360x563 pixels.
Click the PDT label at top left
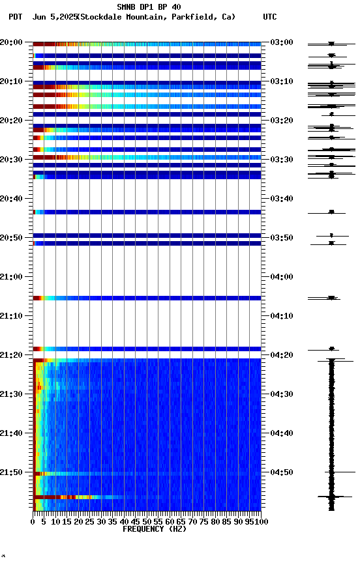[x=15, y=17]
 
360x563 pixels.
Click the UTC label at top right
[x=270, y=17]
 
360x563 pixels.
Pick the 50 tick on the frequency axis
[x=147, y=522]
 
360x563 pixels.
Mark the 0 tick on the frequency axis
[x=33, y=522]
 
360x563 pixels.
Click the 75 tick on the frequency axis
[x=204, y=522]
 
